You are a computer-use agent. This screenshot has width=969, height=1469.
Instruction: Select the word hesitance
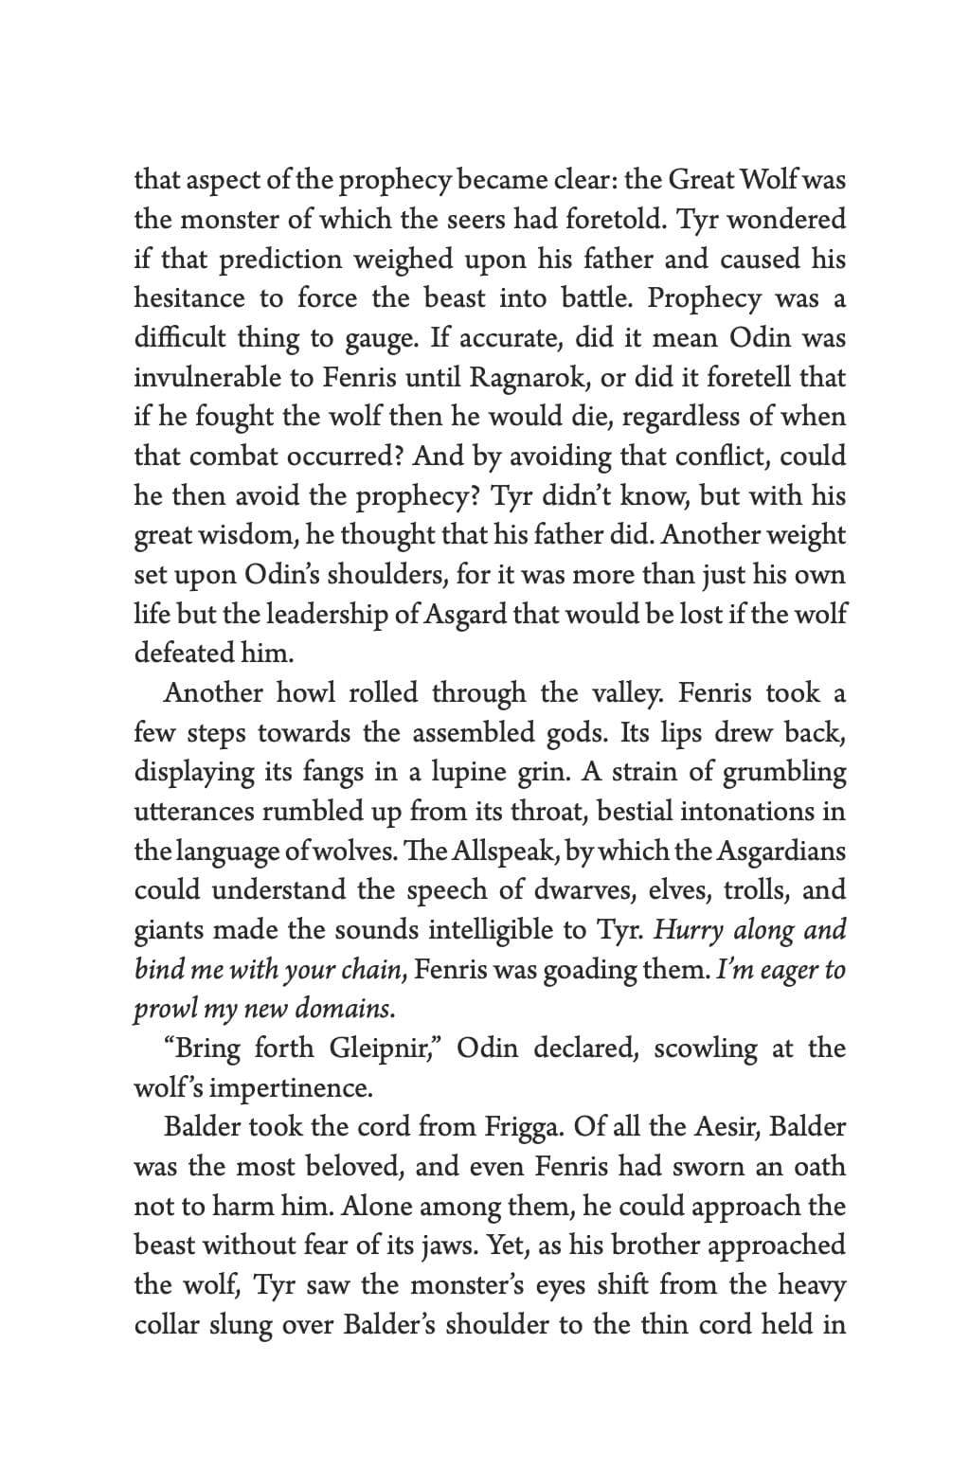coord(189,298)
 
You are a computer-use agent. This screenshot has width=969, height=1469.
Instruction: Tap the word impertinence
coord(293,1088)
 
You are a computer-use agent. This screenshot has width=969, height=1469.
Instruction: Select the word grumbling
coord(784,773)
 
